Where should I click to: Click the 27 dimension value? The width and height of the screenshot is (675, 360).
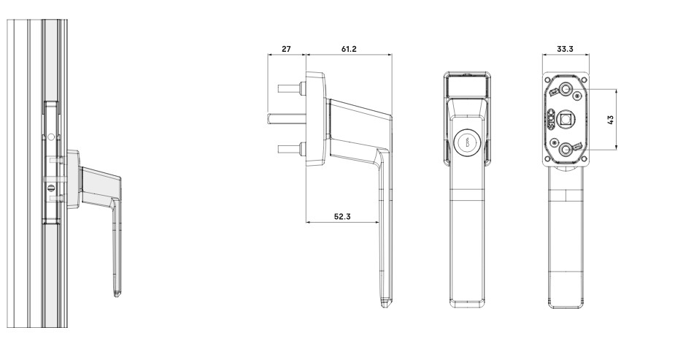coord(286,49)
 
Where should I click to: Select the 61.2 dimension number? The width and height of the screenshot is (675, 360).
coord(348,49)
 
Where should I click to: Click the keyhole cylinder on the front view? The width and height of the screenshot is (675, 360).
coord(468,143)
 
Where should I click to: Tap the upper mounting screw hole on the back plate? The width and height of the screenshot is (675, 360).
coord(566,89)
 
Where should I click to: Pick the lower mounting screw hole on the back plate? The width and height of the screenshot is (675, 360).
coord(566,149)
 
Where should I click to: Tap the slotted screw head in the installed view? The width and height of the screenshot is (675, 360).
coord(50,188)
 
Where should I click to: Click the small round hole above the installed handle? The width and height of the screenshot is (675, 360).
coord(50,137)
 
